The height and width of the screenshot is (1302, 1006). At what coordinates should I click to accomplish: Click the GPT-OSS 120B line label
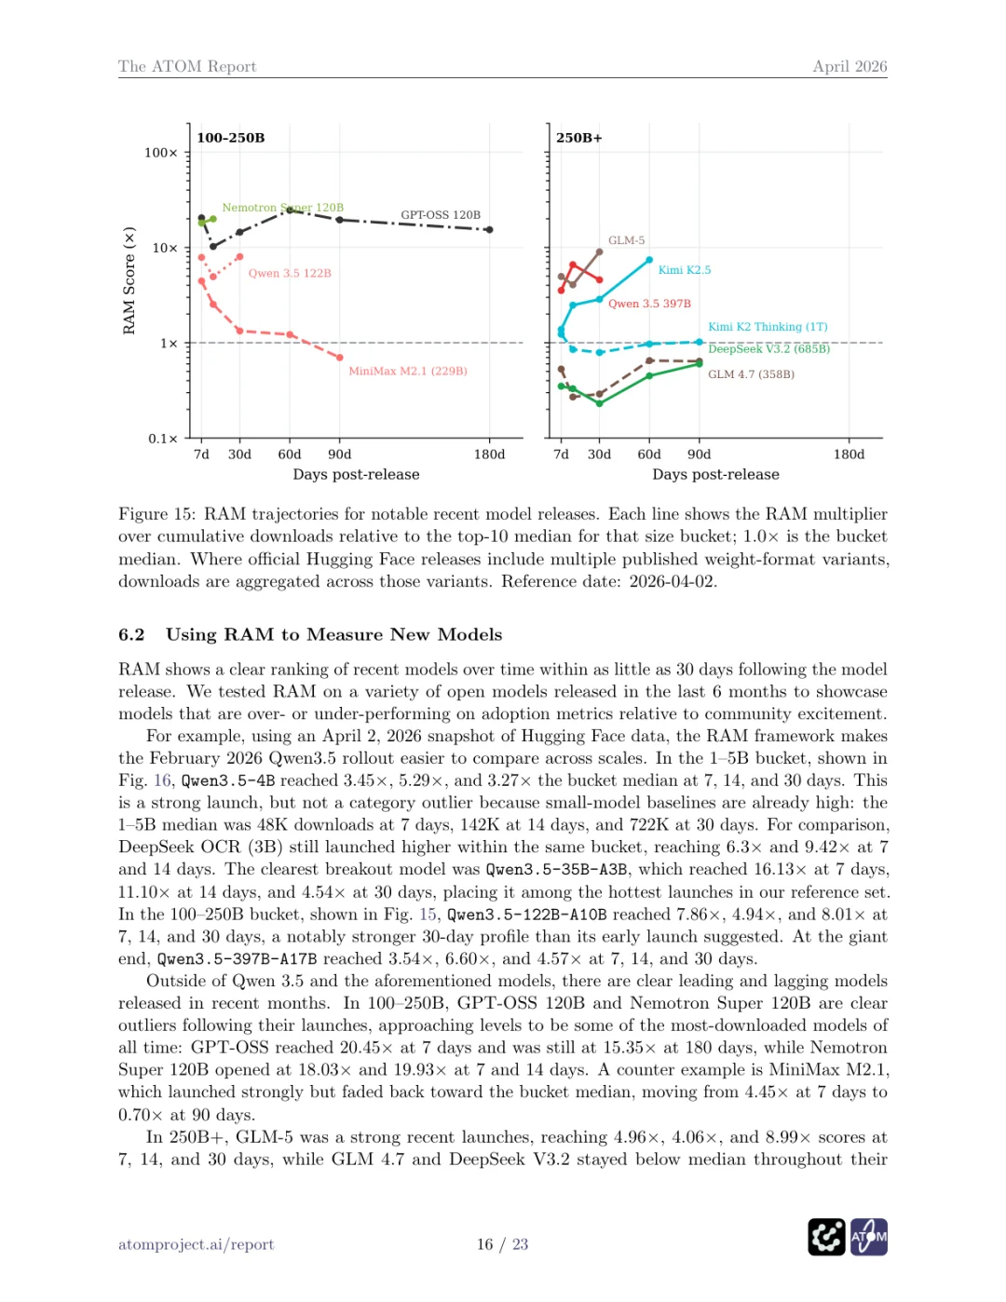click(441, 215)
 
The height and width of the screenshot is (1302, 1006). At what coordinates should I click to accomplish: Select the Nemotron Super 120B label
click(282, 208)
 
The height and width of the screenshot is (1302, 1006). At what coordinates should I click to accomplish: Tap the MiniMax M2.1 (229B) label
click(408, 371)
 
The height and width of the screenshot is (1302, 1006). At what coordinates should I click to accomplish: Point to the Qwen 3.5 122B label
click(290, 273)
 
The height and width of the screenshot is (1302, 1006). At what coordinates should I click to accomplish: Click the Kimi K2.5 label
click(684, 270)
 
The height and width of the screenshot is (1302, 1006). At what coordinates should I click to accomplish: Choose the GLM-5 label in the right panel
click(626, 240)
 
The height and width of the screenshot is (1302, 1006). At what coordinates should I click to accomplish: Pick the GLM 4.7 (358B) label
click(751, 374)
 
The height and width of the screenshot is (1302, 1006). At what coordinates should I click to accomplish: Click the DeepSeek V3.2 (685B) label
click(768, 349)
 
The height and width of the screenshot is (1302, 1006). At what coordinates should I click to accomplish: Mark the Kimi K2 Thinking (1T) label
click(768, 327)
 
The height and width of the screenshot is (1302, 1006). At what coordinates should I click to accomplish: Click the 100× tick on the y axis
click(160, 153)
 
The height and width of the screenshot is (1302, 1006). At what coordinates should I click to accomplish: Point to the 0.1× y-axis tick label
click(162, 439)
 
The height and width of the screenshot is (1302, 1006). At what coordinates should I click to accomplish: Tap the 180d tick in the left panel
click(489, 454)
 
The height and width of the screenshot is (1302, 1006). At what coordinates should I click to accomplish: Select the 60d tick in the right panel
click(649, 454)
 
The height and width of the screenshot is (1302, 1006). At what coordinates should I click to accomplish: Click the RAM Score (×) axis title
click(129, 280)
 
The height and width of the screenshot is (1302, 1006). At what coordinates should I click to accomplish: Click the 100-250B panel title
click(231, 138)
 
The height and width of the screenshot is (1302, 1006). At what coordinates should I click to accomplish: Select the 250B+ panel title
click(579, 138)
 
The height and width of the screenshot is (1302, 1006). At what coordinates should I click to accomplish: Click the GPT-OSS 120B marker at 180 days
click(489, 229)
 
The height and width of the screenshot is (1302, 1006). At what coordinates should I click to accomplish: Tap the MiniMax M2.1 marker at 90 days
click(340, 358)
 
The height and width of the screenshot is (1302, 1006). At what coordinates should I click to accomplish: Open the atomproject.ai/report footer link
click(196, 1244)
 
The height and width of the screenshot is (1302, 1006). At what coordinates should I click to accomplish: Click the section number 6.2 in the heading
click(131, 634)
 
